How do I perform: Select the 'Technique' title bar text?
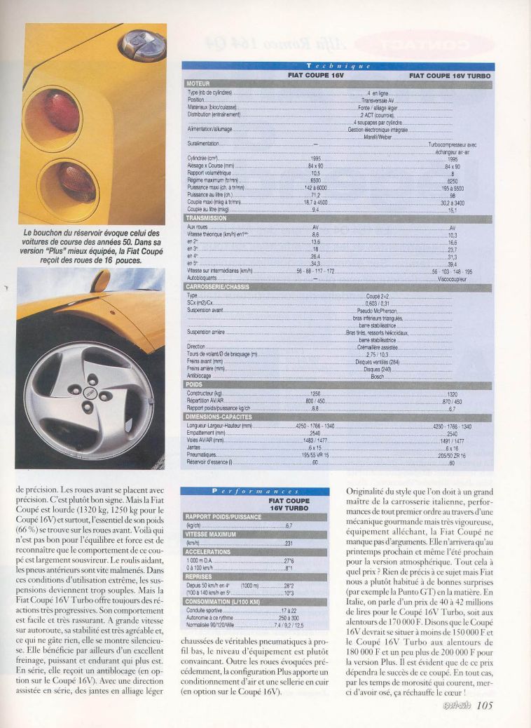pos(338,66)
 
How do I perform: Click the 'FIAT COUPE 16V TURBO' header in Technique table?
pos(450,74)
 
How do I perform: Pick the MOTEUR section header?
pos(200,83)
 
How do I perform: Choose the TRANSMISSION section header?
pos(207,217)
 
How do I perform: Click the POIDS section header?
pos(195,384)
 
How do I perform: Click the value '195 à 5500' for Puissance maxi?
pos(453,189)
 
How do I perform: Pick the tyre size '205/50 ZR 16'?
pos(452,455)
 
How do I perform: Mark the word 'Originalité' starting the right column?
pos(366,491)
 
